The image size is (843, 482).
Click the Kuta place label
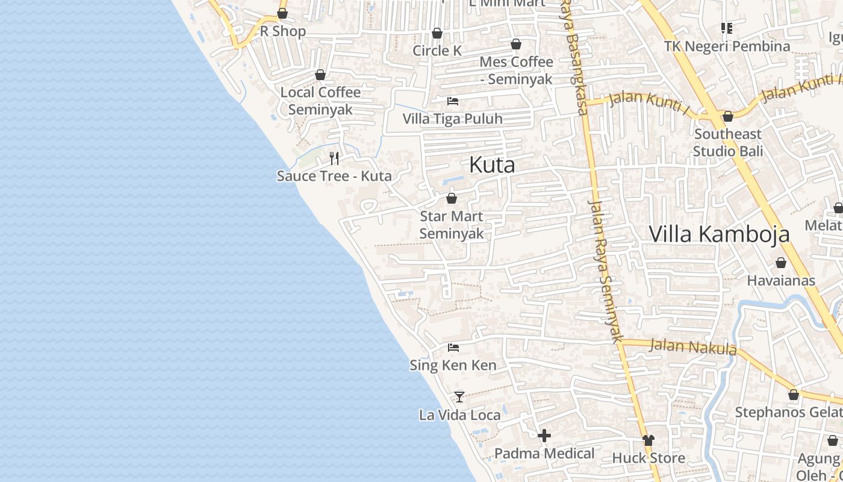click(492, 164)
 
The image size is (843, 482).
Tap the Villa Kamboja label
click(719, 234)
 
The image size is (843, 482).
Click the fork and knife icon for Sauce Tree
click(334, 158)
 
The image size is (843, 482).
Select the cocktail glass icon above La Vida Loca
click(459, 396)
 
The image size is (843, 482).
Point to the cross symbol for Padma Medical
click(544, 436)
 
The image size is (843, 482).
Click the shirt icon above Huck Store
click(648, 440)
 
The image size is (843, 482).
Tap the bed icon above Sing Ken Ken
click(453, 348)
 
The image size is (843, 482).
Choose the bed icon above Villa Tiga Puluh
click(452, 101)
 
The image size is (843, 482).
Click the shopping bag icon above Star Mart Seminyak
click(452, 198)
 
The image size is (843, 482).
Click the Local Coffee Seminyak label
click(320, 101)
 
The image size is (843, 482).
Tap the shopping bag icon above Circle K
click(437, 33)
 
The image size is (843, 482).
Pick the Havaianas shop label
click(781, 280)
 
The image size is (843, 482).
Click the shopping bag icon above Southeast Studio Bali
click(727, 116)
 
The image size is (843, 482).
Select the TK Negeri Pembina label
click(727, 46)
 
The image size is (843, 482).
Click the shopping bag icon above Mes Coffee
click(516, 44)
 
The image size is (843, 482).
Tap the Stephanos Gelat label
click(788, 412)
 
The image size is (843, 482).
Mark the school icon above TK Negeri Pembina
click(727, 28)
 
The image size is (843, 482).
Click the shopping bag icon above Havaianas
click(781, 263)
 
